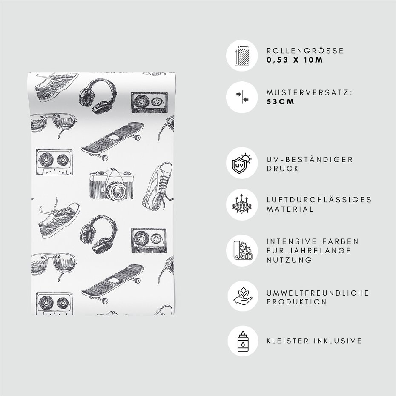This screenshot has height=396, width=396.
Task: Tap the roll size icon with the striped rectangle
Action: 242,55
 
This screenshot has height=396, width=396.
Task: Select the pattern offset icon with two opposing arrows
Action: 242,97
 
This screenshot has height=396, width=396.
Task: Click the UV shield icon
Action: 242,163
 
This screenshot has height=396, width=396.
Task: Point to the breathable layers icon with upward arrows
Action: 242,205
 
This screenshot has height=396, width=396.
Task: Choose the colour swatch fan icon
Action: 242,250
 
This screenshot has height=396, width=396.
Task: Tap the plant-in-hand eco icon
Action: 243,296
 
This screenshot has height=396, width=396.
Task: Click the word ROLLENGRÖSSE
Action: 305,51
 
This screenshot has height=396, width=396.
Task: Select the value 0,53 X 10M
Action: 295,60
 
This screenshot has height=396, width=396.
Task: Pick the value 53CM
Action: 280,102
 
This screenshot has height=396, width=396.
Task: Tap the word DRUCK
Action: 283,169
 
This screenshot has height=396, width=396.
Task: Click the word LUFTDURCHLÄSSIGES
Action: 319,200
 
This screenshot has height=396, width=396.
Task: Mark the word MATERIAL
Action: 290,209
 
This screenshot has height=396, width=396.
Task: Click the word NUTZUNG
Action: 290,260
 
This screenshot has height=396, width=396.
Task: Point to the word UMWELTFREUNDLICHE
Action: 318,293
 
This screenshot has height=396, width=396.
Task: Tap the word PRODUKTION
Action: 297,302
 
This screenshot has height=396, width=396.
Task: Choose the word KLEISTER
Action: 288,341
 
